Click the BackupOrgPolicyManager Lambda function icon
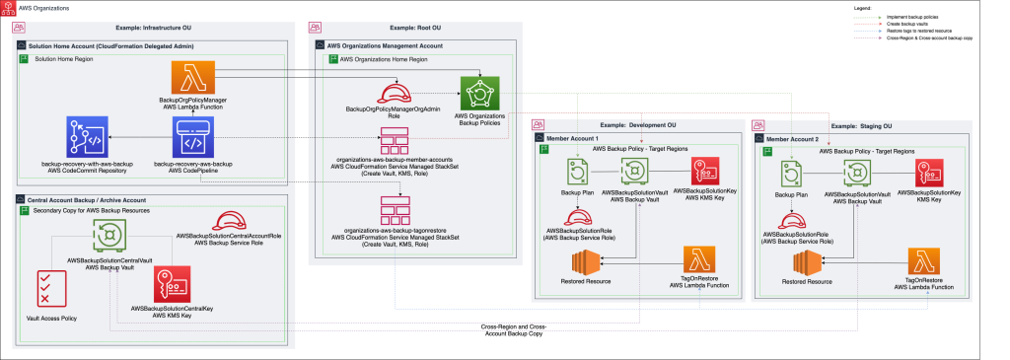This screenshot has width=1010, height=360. click(186, 78)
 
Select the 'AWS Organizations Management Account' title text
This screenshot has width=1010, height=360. click(385, 45)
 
